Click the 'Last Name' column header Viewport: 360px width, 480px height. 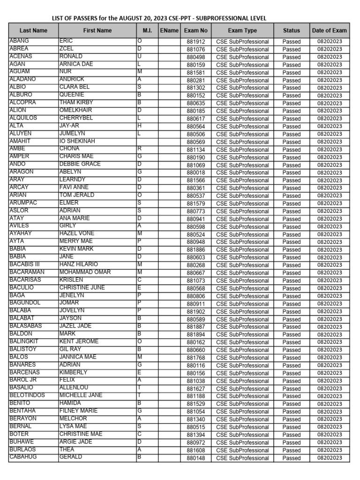tap(33, 30)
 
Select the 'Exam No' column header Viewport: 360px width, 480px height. tap(196, 30)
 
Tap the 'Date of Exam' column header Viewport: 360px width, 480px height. tap(330, 30)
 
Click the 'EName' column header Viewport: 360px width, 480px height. tap(169, 30)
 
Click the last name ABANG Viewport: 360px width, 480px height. tap(19, 41)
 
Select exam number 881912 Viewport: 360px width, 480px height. tap(196, 42)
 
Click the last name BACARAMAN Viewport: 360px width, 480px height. tap(27, 272)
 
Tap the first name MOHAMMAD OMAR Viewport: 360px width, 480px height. tap(85, 272)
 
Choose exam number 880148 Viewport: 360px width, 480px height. tap(196, 458)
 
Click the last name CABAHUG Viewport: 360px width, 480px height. tap(23, 457)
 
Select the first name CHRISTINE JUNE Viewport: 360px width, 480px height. tap(82, 287)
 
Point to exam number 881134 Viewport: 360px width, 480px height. tap(196, 150)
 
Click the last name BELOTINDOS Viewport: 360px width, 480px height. tap(27, 395)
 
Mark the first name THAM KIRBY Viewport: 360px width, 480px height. tap(76, 102)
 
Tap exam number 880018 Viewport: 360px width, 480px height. tap(196, 172)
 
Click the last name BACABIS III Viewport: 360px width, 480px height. tap(25, 264)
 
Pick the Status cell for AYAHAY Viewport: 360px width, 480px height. tap(292, 234)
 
